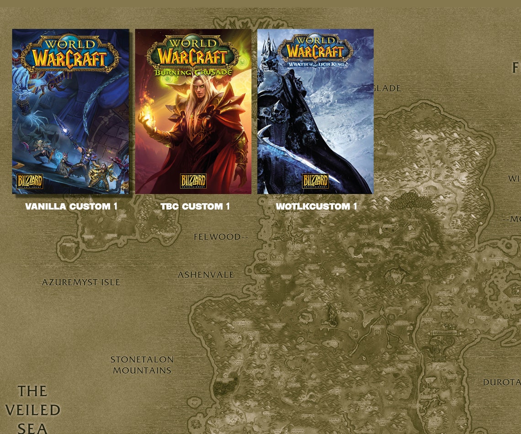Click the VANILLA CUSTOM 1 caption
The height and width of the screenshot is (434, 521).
pyautogui.click(x=71, y=206)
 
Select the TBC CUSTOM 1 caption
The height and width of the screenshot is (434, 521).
pyautogui.click(x=195, y=206)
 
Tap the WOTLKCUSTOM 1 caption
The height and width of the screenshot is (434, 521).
pyautogui.click(x=316, y=206)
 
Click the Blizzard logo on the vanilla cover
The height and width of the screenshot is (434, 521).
pyautogui.click(x=30, y=181)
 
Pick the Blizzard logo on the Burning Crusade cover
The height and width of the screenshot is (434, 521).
pyautogui.click(x=193, y=181)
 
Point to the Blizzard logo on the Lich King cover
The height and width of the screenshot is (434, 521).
pyautogui.click(x=315, y=181)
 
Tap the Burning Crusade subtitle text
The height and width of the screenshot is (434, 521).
pyautogui.click(x=193, y=72)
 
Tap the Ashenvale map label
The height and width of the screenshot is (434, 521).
pyautogui.click(x=206, y=275)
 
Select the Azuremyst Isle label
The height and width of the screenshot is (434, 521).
pyautogui.click(x=81, y=282)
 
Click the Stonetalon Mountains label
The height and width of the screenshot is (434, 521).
pyautogui.click(x=142, y=365)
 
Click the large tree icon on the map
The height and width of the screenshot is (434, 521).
pyautogui.click(x=410, y=201)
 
